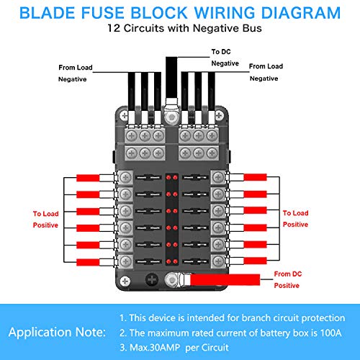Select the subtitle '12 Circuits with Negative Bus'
180,30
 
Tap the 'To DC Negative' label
225,58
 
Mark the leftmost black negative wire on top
127,90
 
